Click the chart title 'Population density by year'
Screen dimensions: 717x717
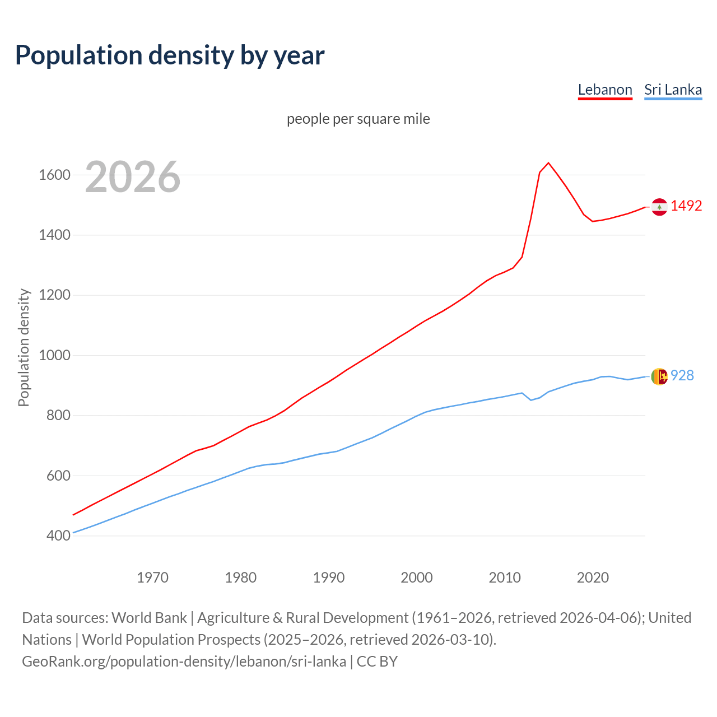(x=170, y=55)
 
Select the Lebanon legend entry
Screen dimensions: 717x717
(x=605, y=90)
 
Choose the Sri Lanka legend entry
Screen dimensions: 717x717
(x=673, y=90)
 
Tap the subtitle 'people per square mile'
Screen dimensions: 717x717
(x=358, y=119)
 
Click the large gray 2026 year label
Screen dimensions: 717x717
(x=133, y=177)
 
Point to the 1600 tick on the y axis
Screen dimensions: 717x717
(x=54, y=175)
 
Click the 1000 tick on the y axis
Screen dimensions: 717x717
(x=54, y=355)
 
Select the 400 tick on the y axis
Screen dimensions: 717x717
(x=58, y=536)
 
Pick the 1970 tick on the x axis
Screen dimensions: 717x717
(x=152, y=578)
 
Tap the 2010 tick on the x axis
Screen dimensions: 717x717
(x=505, y=578)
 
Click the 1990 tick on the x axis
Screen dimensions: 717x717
(x=329, y=578)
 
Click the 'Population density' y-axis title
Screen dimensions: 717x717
(x=24, y=347)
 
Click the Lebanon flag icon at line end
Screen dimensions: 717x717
(x=659, y=207)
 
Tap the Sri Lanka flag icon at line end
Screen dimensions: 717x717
(x=659, y=376)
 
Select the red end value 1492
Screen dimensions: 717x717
(x=686, y=206)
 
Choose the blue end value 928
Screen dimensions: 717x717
(x=682, y=375)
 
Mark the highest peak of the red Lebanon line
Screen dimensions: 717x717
(x=548, y=163)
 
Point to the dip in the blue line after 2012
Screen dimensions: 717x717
(x=531, y=400)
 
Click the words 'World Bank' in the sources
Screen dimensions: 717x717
(x=149, y=617)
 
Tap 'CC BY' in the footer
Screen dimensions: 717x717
(x=377, y=661)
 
